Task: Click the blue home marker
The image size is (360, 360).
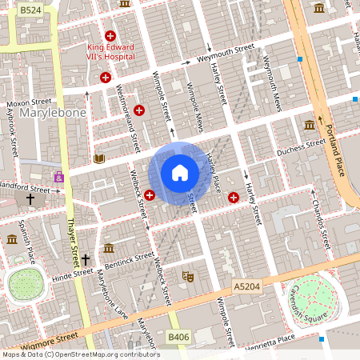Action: point(180,173)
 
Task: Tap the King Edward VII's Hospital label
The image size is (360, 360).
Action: point(111,52)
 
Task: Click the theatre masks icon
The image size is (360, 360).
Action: point(189,276)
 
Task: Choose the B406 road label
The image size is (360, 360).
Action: point(178,338)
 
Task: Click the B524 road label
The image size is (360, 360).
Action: point(30,10)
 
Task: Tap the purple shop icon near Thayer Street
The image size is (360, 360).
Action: point(58,176)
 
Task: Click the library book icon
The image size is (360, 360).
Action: point(99,158)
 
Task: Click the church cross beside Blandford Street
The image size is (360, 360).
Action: point(30,198)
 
